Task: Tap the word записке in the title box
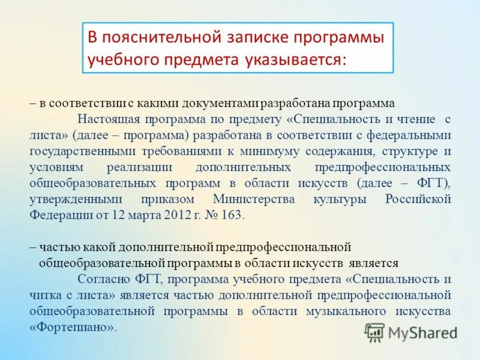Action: click(248, 38)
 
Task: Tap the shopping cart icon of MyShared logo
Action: click(374, 332)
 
